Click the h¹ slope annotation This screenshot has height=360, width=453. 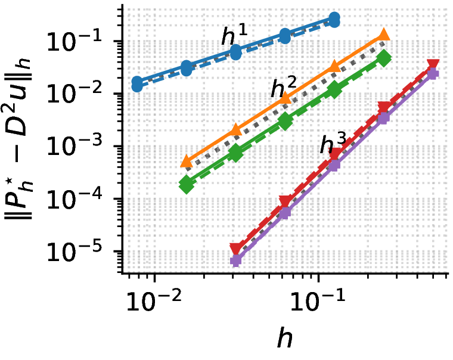pos(235,35)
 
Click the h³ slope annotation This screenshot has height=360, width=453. pos(333,143)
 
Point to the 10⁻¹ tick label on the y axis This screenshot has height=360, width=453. pos(75,41)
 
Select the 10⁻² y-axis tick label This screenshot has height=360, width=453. pos(75,94)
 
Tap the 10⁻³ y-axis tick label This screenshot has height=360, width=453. pos(75,146)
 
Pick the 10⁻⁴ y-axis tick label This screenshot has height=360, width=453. pos(75,198)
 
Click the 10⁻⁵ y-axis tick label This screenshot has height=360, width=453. pos(75,251)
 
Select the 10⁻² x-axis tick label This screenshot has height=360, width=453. pos(154,300)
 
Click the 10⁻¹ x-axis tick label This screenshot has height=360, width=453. pos(318,300)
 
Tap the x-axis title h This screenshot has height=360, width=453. pos(284,337)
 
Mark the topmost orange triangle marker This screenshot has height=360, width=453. pos(384,35)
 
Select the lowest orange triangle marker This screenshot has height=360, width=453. pos(187,162)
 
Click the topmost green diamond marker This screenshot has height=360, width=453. pos(384,58)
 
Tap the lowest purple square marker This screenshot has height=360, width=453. pos(236,261)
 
